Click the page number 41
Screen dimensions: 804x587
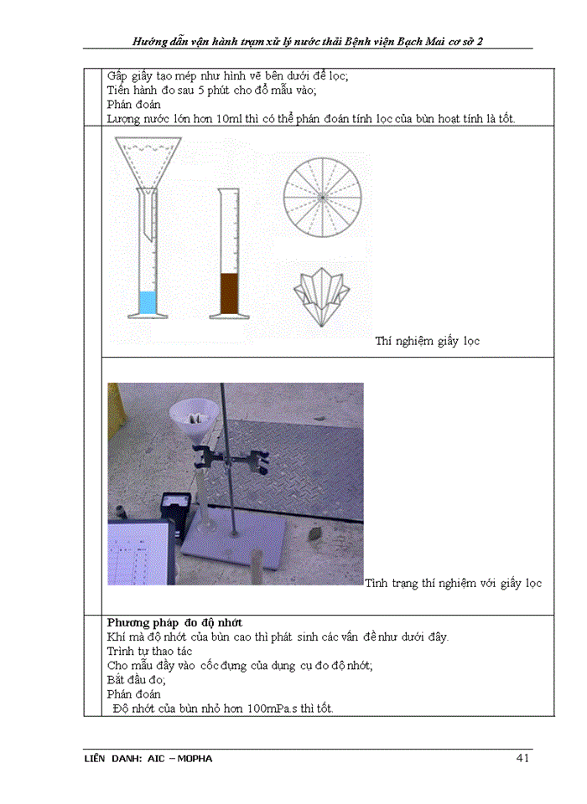[x=522, y=758]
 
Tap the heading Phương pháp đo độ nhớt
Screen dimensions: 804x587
[x=174, y=623]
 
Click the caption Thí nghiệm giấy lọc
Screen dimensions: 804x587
[x=427, y=341]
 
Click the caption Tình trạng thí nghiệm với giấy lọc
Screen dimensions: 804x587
[x=453, y=582]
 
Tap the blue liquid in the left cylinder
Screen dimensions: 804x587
[x=148, y=301]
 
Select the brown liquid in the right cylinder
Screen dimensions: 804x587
[x=230, y=293]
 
